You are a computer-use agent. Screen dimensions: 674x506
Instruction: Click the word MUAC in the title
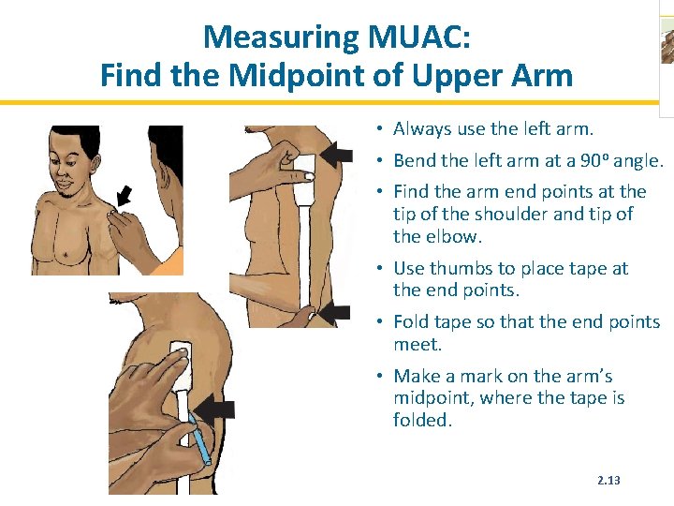[419, 37]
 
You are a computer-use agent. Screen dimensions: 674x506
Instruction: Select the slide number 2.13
[608, 480]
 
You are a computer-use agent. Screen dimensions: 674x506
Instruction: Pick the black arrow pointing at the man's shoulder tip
[124, 195]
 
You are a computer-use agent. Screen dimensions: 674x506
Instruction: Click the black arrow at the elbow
[334, 313]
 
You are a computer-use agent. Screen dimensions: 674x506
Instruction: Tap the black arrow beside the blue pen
[214, 411]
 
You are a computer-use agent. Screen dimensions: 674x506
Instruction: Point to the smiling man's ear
[95, 164]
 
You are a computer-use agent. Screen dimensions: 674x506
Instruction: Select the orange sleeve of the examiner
[170, 261]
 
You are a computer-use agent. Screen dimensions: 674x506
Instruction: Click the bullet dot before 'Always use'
[379, 128]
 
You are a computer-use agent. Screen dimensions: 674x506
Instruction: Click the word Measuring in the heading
[281, 38]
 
